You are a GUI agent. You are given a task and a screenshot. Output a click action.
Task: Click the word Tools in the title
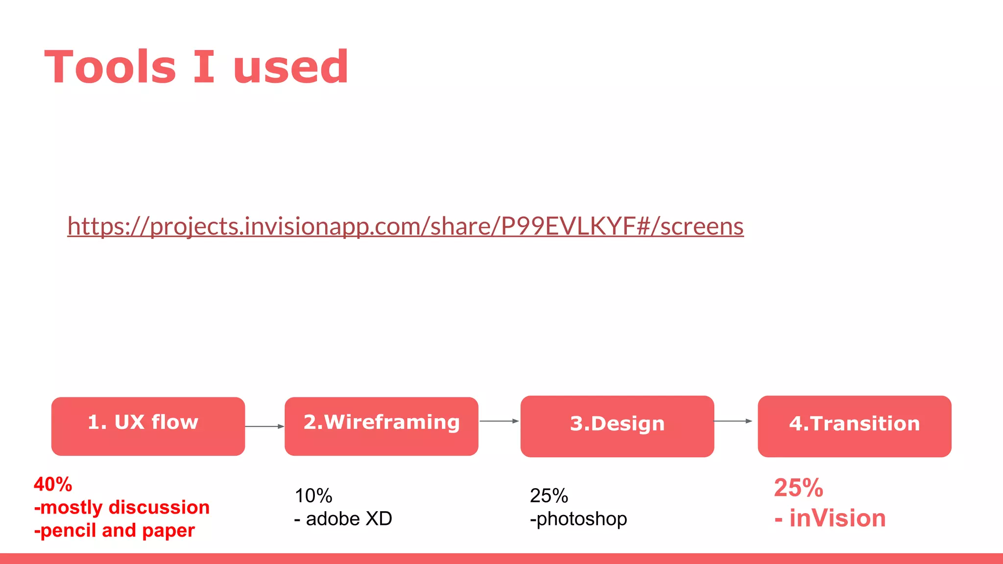pos(110,67)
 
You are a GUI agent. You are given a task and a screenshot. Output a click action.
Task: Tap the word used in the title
pos(290,67)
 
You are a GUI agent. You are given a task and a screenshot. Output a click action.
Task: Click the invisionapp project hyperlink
pos(406,226)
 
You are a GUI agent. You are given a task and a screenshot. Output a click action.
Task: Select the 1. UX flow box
pos(148,426)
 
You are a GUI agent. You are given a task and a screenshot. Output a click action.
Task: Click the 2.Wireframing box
pos(381,426)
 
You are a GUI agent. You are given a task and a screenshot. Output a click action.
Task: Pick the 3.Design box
pos(617,426)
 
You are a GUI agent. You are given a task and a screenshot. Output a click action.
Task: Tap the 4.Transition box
pos(854,426)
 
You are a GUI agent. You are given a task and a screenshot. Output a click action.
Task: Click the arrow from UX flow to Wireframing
pos(264,426)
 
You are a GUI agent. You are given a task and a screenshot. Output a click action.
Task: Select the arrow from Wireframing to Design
pos(499,421)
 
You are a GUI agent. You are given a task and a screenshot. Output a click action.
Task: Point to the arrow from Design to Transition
pos(733,421)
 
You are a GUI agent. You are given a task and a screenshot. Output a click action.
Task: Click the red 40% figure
pos(53,485)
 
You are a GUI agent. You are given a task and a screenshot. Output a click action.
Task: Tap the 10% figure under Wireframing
pos(313,496)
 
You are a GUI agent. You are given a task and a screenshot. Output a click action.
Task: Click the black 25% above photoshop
pos(549,496)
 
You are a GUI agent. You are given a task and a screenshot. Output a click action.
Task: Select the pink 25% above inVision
pos(798,488)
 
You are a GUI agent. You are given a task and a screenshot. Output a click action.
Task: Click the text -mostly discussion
pos(122,508)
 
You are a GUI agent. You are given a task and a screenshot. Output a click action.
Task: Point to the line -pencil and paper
pos(115,531)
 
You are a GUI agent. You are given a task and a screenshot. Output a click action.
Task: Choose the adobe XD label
pos(349,519)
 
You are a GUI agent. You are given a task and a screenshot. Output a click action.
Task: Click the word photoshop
pos(582,519)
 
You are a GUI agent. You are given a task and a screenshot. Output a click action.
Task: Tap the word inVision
pos(837,518)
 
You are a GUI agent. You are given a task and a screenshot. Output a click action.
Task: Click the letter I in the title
pos(204,67)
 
